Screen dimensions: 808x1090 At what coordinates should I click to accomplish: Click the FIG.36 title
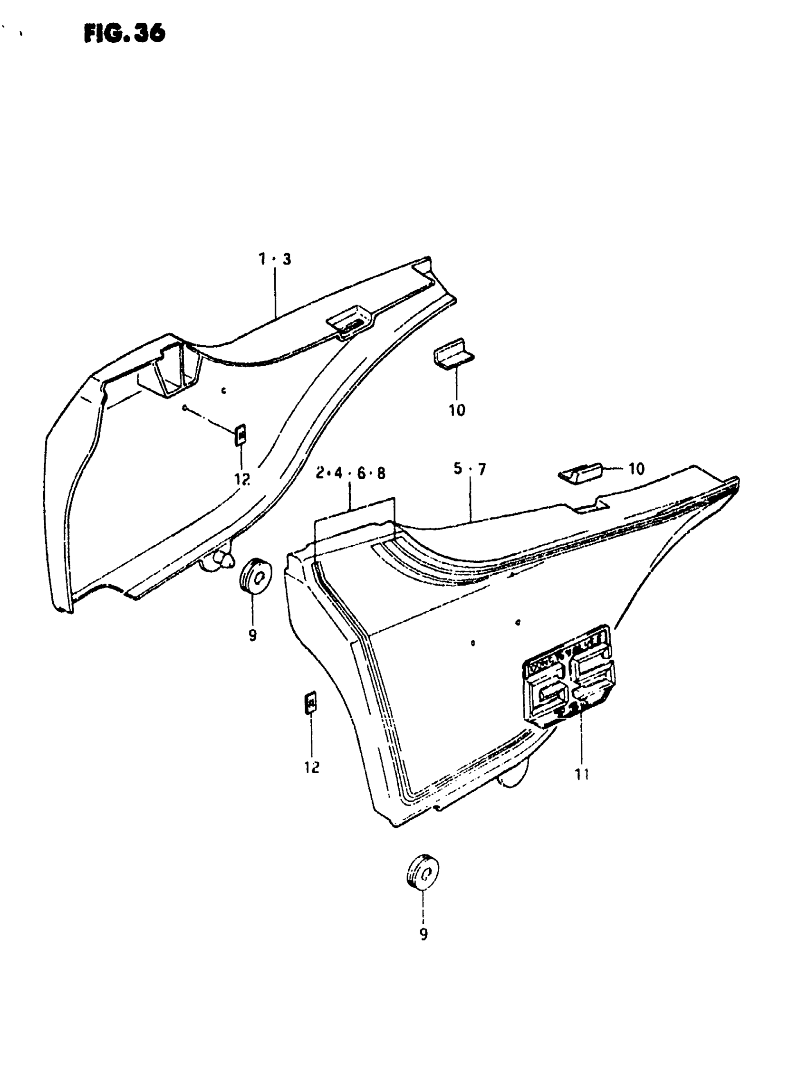point(125,34)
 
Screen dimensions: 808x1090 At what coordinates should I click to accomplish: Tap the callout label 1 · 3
point(274,259)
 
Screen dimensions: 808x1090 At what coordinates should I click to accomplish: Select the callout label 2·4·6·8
point(350,473)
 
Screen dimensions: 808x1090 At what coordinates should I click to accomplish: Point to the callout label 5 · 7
point(470,469)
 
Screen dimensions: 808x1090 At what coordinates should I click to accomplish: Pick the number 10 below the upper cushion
point(457,410)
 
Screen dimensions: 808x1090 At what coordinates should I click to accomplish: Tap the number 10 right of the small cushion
point(636,469)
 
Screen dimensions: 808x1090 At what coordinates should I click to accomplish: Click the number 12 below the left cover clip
point(241,479)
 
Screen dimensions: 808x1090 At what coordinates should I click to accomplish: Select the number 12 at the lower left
point(312,768)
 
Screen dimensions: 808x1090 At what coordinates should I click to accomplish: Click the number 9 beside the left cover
point(252,635)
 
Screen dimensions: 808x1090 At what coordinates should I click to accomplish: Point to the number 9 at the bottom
point(423,934)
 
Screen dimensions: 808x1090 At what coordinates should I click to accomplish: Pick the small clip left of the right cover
point(311,703)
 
